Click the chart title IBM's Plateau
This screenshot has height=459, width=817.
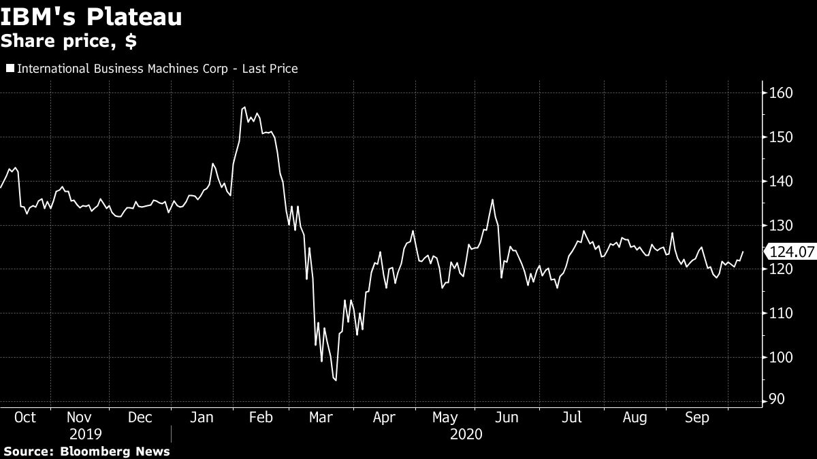91,16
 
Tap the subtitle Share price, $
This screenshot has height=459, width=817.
68,41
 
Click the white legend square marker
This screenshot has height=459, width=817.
10,69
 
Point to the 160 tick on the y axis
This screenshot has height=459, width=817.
779,93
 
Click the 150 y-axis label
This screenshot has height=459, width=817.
779,137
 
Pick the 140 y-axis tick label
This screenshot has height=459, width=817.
779,182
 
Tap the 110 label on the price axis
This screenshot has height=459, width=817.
779,313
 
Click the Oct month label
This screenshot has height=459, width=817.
25,418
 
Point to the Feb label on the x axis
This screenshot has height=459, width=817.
261,418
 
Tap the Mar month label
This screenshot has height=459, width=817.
321,418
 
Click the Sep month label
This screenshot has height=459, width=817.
697,418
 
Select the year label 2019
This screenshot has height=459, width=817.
85,434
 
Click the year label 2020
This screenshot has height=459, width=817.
466,434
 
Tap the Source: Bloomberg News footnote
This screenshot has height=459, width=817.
86,452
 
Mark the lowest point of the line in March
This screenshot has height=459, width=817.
336,380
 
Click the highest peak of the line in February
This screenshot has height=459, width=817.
244,107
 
